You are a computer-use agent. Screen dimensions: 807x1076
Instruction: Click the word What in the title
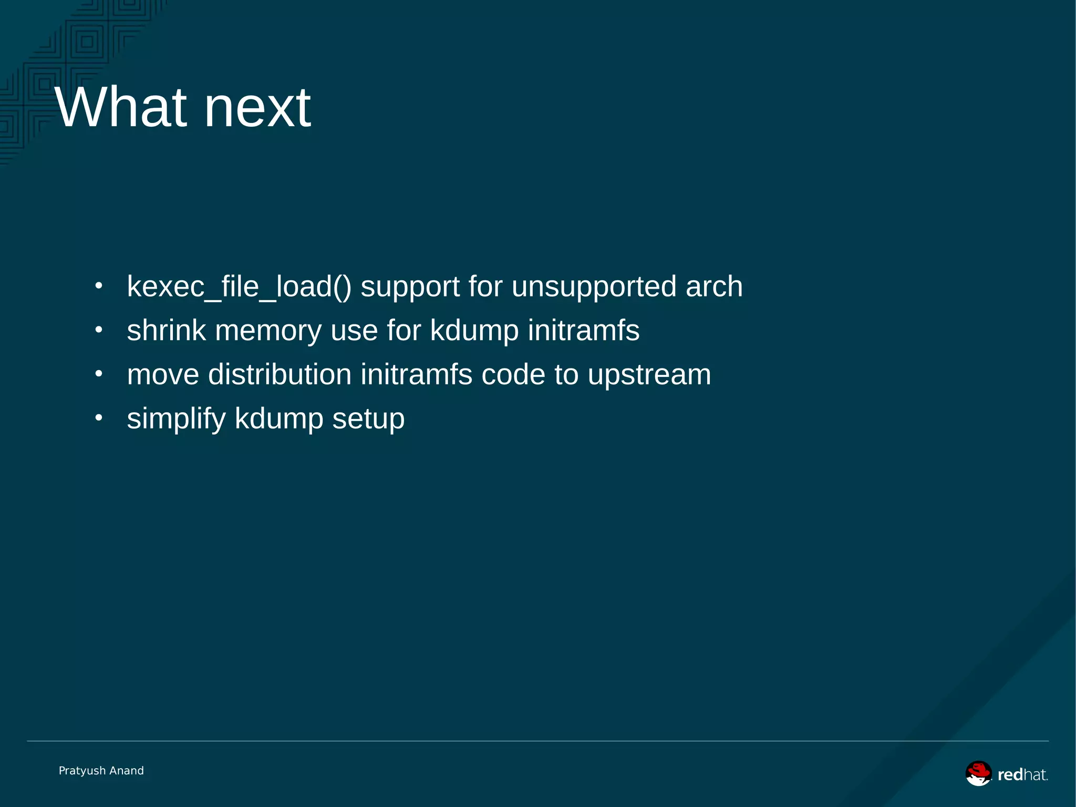pos(121,108)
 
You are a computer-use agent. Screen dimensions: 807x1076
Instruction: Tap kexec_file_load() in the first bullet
pos(239,287)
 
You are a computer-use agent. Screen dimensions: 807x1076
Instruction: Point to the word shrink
pos(166,331)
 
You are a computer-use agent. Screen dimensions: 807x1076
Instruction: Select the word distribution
pos(280,375)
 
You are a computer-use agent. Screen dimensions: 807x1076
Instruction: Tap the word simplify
pos(176,420)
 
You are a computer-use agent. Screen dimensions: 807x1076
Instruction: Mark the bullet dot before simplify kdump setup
pos(99,418)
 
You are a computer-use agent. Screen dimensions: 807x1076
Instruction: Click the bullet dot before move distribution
pos(99,374)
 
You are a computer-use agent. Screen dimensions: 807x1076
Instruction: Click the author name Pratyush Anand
pos(101,771)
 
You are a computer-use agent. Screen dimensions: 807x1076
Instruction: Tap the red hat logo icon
pos(978,773)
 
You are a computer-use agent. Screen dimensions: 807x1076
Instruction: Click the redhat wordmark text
pos(1022,775)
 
